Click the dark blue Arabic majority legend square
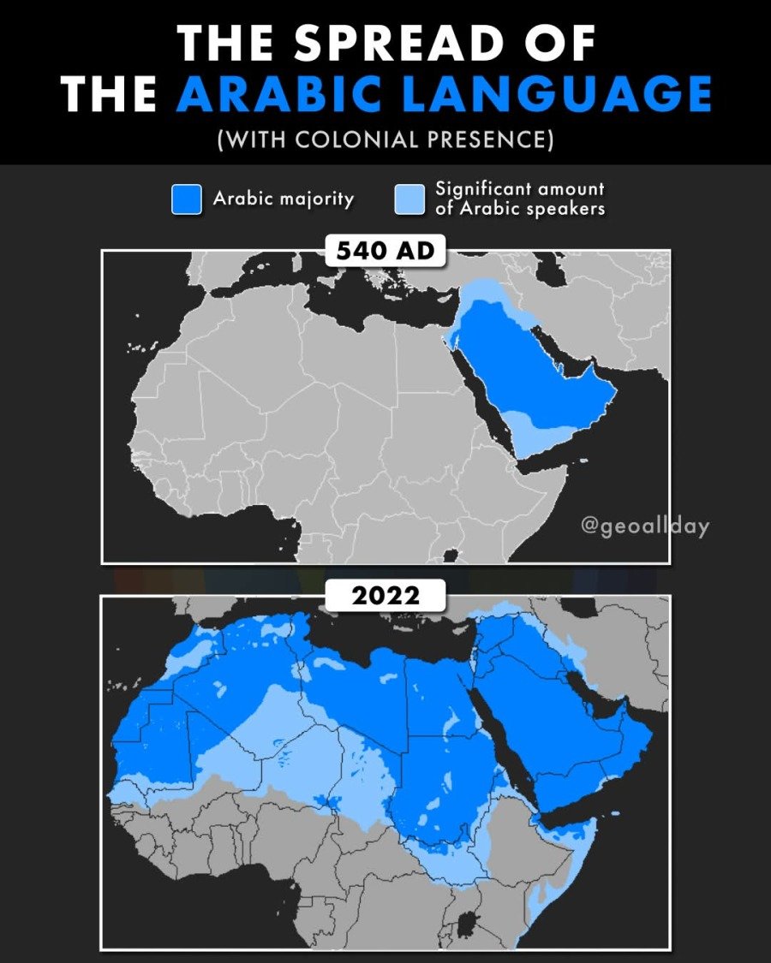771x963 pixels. tap(186, 199)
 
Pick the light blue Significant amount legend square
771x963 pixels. tap(409, 199)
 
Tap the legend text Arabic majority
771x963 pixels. tap(283, 199)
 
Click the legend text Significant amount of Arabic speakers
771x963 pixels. tap(519, 198)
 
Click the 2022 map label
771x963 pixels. tap(385, 595)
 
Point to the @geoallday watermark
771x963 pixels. tap(644, 526)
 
